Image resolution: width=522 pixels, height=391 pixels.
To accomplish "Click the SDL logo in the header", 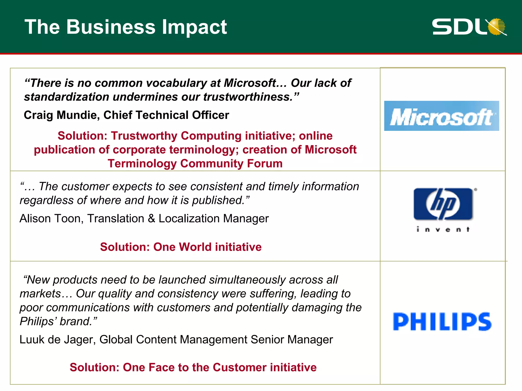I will click(469, 27).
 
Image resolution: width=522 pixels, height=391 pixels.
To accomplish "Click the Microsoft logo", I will click(441, 116).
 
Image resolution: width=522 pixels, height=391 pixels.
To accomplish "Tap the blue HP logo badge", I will click(443, 204).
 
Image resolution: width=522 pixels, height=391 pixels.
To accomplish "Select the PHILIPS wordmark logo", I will click(442, 322).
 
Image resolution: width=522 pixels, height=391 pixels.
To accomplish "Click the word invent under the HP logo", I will click(443, 230).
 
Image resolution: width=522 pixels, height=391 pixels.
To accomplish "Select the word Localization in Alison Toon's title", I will click(189, 218).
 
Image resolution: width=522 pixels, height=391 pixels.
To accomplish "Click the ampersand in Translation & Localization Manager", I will click(151, 218).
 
